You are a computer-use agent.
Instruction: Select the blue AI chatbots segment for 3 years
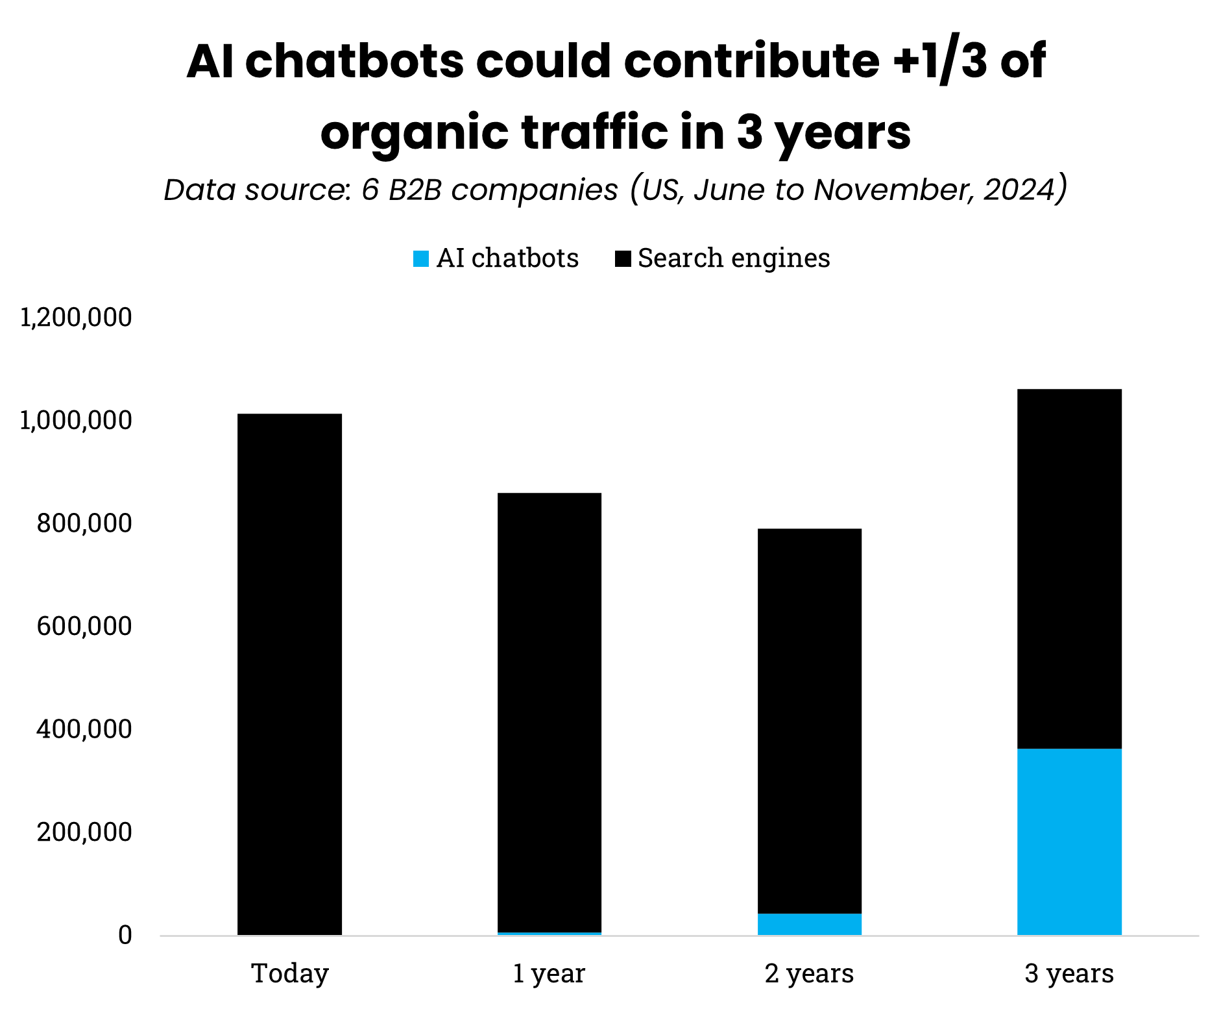click(x=1069, y=841)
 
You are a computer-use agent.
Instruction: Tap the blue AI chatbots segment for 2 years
click(x=809, y=924)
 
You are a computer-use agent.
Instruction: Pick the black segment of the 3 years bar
click(x=1069, y=569)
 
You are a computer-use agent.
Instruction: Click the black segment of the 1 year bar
click(x=549, y=712)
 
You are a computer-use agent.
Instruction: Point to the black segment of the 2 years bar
click(x=809, y=721)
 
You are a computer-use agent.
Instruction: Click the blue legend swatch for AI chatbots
click(x=421, y=259)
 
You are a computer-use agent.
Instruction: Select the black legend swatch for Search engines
click(x=622, y=259)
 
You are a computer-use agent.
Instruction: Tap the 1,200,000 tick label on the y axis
click(x=76, y=318)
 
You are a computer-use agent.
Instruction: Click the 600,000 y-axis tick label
click(x=84, y=627)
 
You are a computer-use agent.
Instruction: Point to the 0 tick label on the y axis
click(x=125, y=935)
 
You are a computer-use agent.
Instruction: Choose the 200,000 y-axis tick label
click(x=84, y=832)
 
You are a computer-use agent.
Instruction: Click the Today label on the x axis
click(x=290, y=973)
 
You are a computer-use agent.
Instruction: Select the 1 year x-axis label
click(x=549, y=973)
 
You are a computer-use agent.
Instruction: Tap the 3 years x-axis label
click(x=1069, y=973)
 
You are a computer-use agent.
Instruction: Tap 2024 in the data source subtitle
click(x=1021, y=190)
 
